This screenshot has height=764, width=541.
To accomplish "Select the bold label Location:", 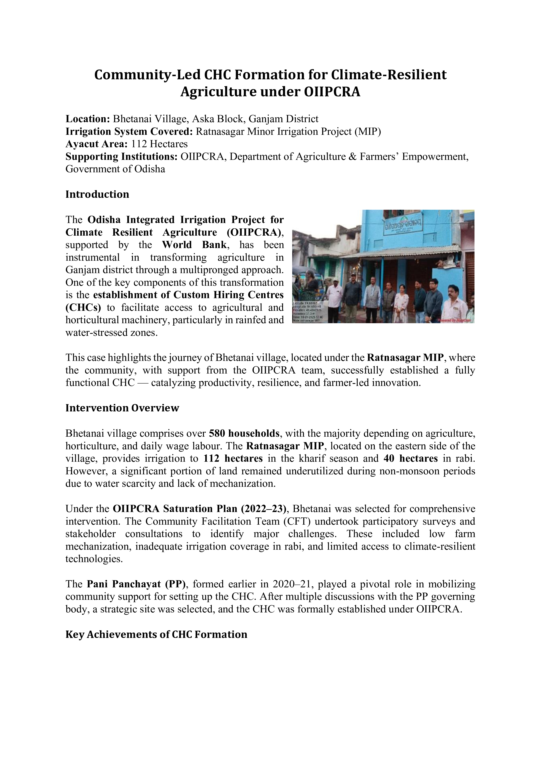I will [x=88, y=119].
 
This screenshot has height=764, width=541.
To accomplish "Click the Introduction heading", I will [x=97, y=194].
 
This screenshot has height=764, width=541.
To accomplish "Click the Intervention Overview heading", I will [x=122, y=408].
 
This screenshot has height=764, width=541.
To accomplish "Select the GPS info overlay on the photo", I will [x=310, y=312].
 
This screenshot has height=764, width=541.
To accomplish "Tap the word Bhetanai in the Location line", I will [x=131, y=119].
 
